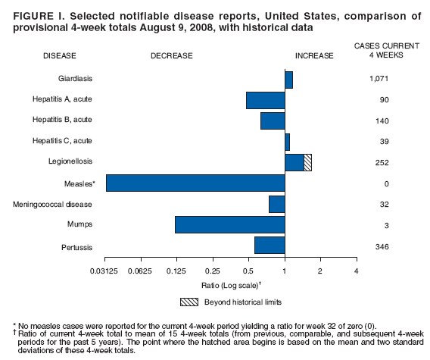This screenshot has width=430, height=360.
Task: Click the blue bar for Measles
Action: tap(195, 183)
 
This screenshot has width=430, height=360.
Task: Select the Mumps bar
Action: tap(229, 225)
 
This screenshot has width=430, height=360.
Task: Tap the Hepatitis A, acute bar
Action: tap(265, 100)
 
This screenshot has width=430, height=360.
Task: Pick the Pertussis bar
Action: tap(270, 246)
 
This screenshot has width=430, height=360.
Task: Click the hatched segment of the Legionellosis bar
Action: tap(307, 162)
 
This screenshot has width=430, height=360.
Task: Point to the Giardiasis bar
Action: tap(288, 79)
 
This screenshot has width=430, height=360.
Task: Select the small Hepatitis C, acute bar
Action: tap(287, 142)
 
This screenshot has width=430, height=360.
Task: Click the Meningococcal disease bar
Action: tap(276, 204)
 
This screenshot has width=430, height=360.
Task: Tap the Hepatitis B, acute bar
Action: tap(273, 121)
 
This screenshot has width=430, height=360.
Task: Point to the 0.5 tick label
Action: tap(248, 271)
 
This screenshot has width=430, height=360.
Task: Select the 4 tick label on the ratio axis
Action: tap(356, 271)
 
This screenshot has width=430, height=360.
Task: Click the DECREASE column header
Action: tap(171, 55)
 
